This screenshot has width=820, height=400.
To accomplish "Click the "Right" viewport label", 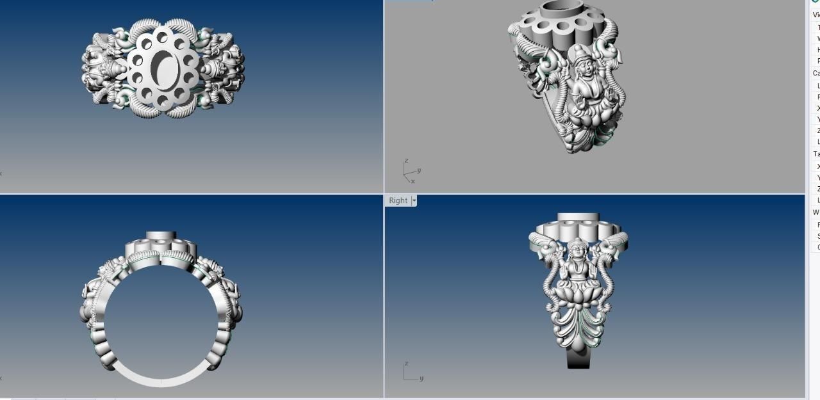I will tap(398, 200).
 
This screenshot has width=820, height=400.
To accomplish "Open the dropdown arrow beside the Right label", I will tap(414, 200).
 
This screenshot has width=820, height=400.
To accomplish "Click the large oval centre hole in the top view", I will tap(163, 67).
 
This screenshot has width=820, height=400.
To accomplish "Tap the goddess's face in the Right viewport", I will tap(577, 248).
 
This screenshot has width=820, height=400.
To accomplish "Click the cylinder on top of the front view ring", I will tap(160, 236).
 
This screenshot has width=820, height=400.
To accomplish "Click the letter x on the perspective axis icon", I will tap(413, 181).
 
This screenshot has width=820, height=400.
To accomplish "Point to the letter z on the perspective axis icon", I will tap(406, 161).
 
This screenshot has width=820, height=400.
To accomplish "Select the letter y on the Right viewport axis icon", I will tap(422, 378).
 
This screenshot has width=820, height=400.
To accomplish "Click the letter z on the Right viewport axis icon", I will tap(406, 364).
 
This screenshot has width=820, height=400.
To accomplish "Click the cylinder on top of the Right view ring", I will tap(578, 217).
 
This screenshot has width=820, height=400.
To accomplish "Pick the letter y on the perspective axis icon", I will tap(418, 170).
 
